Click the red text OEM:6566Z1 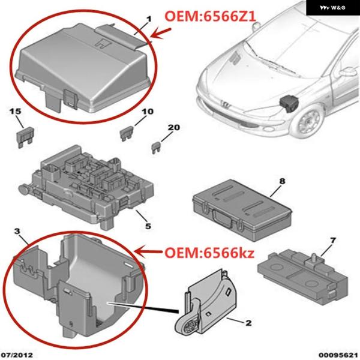coord(210,16)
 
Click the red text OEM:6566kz coord(209,253)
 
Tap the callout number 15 coord(15,112)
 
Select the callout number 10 coord(148,112)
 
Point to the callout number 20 coord(174,127)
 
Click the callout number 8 coord(283,181)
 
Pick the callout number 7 coord(333,241)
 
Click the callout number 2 coord(248,323)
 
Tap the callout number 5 coord(148,226)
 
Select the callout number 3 coord(17,231)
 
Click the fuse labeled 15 coord(25,138)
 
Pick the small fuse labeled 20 coord(157,148)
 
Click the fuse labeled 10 coord(127,134)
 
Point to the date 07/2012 coord(17,355)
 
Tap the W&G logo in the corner coord(332,8)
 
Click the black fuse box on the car coord(289,104)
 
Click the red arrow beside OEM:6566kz coord(149,252)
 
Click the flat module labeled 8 coord(242,210)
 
